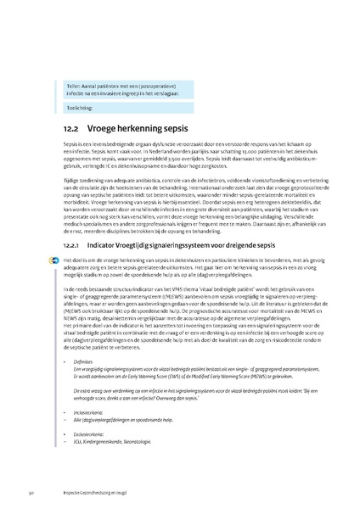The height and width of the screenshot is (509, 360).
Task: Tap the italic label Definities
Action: coord(84,361)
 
